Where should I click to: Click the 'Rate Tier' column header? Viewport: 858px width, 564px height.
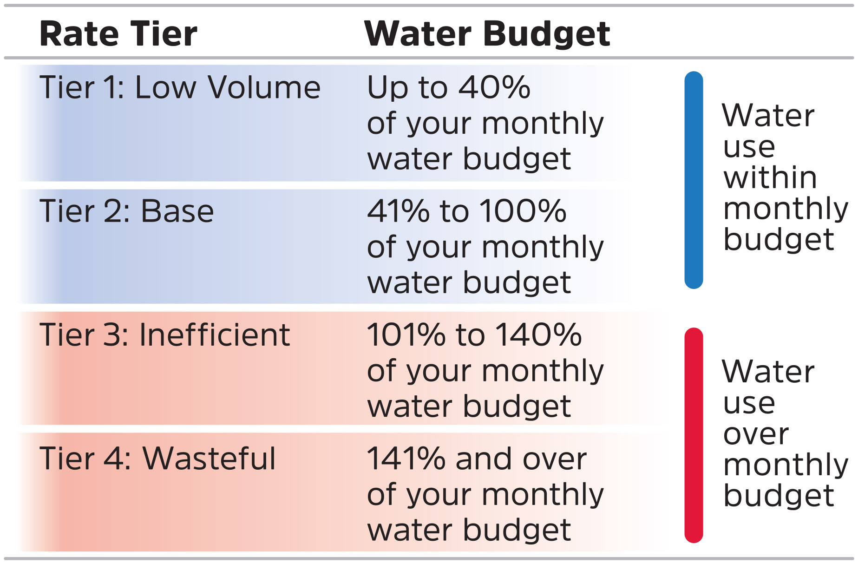(118, 34)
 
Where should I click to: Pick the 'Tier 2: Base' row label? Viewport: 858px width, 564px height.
(126, 211)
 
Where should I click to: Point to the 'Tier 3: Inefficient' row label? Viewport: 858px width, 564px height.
(165, 334)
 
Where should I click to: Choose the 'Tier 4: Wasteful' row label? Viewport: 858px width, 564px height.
(157, 458)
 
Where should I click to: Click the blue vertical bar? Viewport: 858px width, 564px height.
(694, 180)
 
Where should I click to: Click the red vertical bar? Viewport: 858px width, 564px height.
(694, 435)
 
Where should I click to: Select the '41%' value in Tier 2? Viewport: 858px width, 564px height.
(399, 211)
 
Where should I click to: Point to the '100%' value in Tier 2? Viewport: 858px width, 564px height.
(523, 211)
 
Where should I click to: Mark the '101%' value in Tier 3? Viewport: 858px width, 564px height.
(406, 334)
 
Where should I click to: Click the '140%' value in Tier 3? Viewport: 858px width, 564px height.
(539, 334)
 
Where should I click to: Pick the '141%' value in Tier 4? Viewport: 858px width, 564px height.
(406, 458)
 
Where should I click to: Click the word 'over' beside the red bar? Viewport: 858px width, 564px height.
(756, 434)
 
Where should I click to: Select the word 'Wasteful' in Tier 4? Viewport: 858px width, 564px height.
(209, 458)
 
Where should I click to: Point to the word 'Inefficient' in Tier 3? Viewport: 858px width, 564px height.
(215, 334)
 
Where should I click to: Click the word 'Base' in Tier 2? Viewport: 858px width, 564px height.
(177, 211)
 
